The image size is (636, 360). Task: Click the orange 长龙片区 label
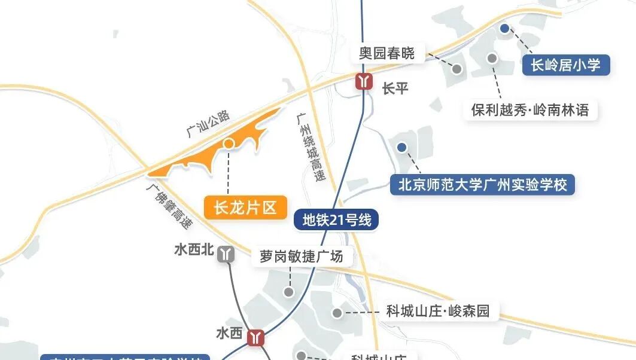point(245,208)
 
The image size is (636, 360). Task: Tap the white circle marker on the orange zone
point(229,144)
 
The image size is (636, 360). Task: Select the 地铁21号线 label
point(337,220)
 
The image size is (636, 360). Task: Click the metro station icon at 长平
point(364,81)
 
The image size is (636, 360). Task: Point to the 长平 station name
point(395,89)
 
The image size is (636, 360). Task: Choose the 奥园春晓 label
point(387,53)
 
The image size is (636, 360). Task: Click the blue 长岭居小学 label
point(565,65)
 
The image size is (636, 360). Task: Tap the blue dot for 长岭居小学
point(504,28)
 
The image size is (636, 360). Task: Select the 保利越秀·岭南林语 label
point(530,110)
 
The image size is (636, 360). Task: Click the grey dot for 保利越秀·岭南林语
point(492,58)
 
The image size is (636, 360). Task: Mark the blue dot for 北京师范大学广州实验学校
point(401,147)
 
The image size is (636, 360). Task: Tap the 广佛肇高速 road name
point(170,205)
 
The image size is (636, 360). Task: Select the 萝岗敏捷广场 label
point(301,257)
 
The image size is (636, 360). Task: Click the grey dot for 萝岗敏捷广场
point(289,292)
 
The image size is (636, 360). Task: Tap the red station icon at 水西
point(256,338)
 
